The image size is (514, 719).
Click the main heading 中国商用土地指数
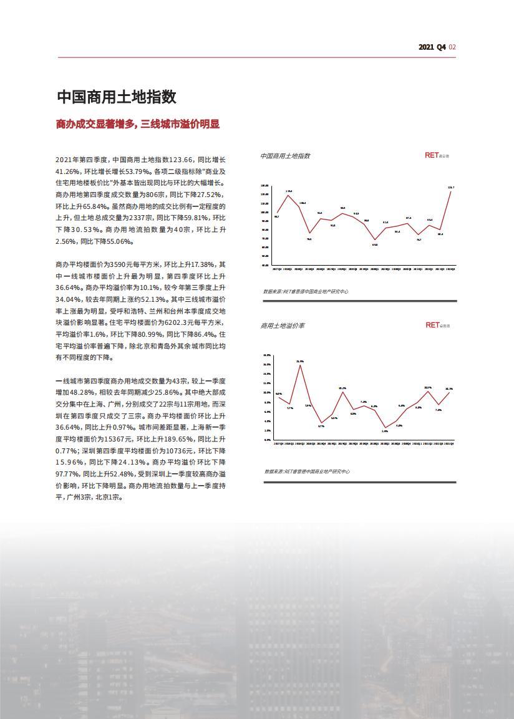117,97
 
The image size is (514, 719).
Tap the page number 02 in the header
453,47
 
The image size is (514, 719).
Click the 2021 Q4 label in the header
432,47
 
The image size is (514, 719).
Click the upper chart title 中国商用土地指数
285,156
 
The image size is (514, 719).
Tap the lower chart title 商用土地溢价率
283,326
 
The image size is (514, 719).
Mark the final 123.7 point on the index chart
450,191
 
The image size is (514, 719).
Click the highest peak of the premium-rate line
300,365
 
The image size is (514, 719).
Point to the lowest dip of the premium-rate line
385,428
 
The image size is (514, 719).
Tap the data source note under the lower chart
306,471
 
